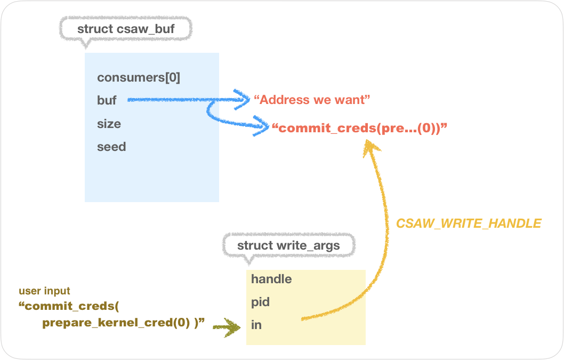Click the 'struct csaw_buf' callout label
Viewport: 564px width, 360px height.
pyautogui.click(x=126, y=29)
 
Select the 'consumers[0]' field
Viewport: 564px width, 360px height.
pyautogui.click(x=139, y=78)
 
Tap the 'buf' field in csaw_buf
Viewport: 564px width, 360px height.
pyautogui.click(x=107, y=100)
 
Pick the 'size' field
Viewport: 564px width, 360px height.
pyautogui.click(x=109, y=124)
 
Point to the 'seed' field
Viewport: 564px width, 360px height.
pyautogui.click(x=111, y=147)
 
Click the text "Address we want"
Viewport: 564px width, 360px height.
pyautogui.click(x=312, y=100)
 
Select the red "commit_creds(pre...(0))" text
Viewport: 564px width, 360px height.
pyautogui.click(x=359, y=128)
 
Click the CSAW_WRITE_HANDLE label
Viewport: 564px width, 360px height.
pyautogui.click(x=469, y=223)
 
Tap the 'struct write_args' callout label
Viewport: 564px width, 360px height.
pyautogui.click(x=288, y=246)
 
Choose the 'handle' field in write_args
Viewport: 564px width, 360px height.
pyautogui.click(x=271, y=279)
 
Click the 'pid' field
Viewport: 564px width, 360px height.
pyautogui.click(x=260, y=302)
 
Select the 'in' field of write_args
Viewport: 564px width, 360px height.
pyautogui.click(x=256, y=325)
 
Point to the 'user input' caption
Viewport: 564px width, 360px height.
pyautogui.click(x=44, y=291)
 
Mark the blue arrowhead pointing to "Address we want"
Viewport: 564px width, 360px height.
pyautogui.click(x=244, y=99)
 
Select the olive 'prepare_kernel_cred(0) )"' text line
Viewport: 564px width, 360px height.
pyautogui.click(x=124, y=323)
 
